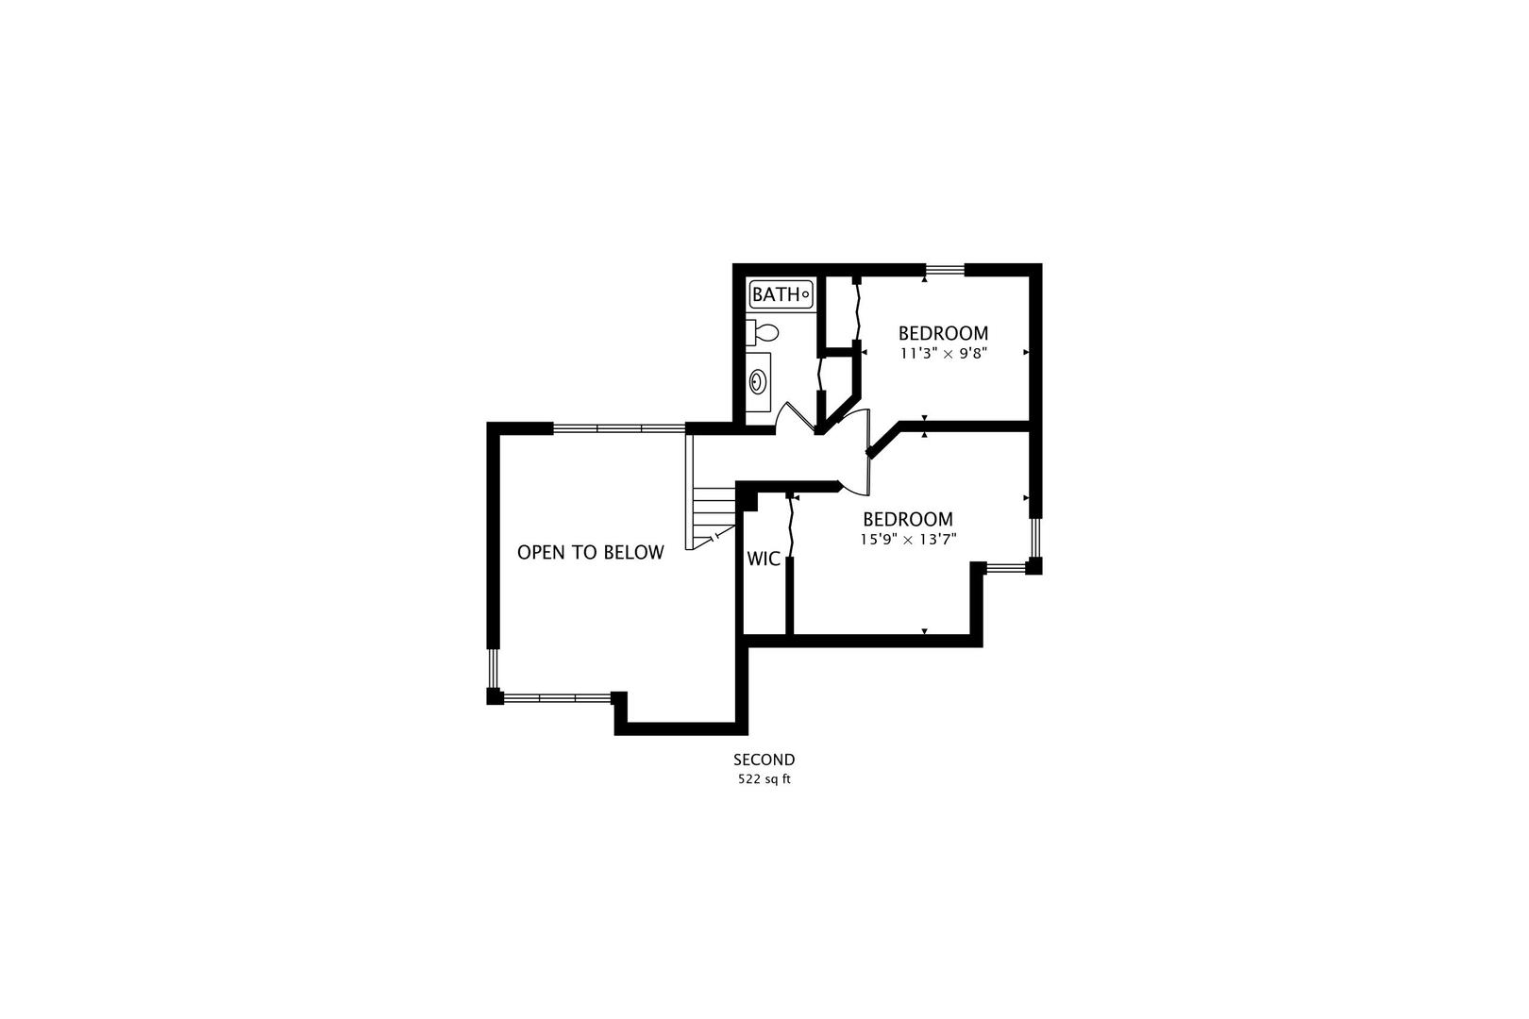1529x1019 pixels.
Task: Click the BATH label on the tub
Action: (x=776, y=294)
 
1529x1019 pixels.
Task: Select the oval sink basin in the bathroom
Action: (x=757, y=381)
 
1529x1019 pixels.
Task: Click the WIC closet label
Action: (x=764, y=559)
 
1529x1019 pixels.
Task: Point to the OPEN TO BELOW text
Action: (x=591, y=552)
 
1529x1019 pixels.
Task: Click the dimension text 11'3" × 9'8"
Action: (x=944, y=354)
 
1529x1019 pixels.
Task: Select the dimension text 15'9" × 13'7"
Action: (x=908, y=539)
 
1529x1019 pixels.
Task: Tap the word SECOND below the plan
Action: (x=764, y=760)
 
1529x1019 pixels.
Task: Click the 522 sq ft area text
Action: (x=764, y=778)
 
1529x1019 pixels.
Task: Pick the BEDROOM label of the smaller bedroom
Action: (x=943, y=333)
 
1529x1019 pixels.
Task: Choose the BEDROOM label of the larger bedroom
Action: (x=908, y=519)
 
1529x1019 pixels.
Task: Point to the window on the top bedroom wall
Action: (x=945, y=270)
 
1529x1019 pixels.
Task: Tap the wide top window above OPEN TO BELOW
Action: (x=619, y=428)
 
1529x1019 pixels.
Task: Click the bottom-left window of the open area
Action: (x=557, y=697)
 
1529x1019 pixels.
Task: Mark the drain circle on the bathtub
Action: (x=805, y=294)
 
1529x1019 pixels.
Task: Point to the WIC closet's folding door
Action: (x=792, y=526)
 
